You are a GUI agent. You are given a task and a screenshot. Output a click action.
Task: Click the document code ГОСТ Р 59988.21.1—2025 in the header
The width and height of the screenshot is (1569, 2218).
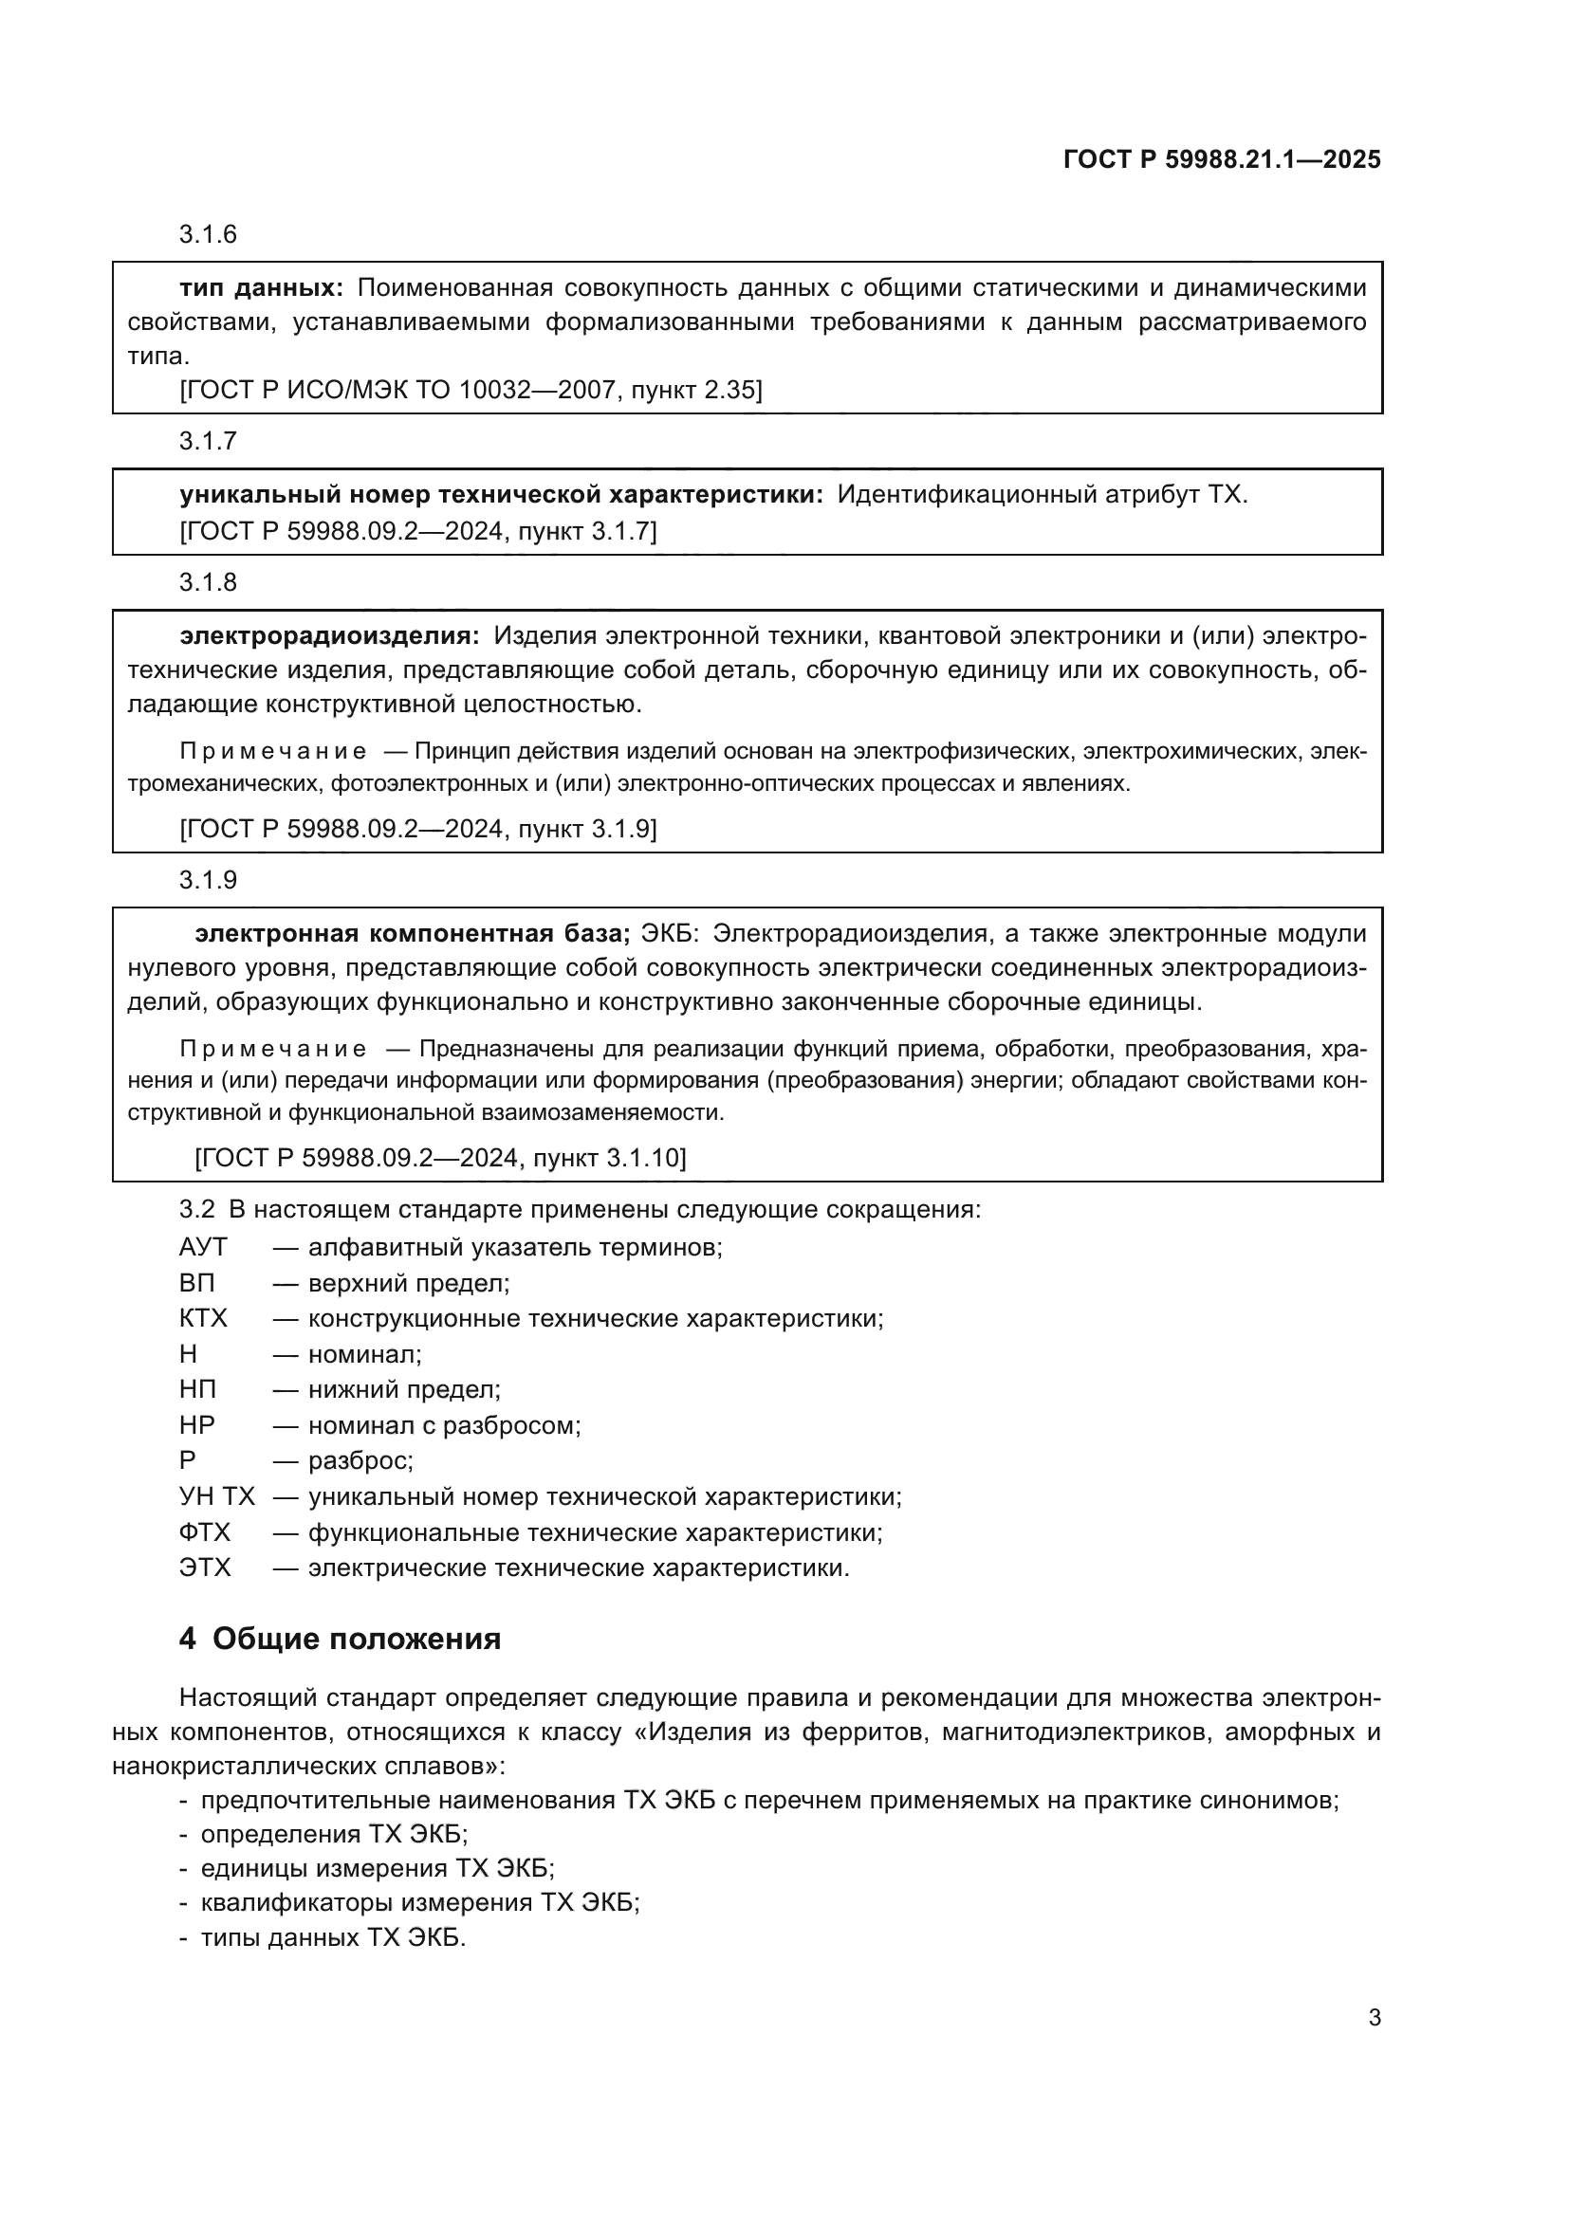pyautogui.click(x=1221, y=159)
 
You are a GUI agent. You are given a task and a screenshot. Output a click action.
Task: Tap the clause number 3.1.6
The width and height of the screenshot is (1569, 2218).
pyautogui.click(x=208, y=235)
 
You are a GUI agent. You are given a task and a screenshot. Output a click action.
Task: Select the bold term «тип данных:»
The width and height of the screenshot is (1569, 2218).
pyautogui.click(x=261, y=288)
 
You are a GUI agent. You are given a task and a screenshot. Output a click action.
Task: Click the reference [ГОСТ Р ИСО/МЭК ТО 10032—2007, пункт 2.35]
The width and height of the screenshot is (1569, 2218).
pyautogui.click(x=471, y=391)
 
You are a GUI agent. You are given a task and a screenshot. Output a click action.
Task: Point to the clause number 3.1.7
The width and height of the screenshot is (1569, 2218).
pyautogui.click(x=208, y=442)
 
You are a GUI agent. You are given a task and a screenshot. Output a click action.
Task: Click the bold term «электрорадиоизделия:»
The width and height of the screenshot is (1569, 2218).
pyautogui.click(x=328, y=635)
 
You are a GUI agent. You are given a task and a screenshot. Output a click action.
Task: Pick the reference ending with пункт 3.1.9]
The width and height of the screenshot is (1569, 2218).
pyautogui.click(x=417, y=829)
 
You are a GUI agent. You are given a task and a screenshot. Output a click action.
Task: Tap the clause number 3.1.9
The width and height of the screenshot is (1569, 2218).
pyautogui.click(x=208, y=880)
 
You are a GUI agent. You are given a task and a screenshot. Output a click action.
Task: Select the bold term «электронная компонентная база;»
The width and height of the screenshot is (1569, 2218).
pyautogui.click(x=413, y=933)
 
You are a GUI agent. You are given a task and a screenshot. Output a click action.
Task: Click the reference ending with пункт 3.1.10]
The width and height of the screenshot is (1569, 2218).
pyautogui.click(x=439, y=1158)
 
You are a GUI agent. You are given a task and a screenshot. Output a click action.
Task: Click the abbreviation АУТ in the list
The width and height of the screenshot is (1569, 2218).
pyautogui.click(x=203, y=1247)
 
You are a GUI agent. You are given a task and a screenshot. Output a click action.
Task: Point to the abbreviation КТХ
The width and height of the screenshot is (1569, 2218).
pyautogui.click(x=203, y=1319)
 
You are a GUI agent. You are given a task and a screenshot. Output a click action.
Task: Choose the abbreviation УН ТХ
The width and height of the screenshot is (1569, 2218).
pyautogui.click(x=216, y=1496)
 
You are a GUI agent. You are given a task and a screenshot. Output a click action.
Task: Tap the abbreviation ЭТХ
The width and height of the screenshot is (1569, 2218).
pyautogui.click(x=205, y=1567)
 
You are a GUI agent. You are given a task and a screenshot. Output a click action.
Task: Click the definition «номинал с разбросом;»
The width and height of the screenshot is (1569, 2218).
pyautogui.click(x=444, y=1425)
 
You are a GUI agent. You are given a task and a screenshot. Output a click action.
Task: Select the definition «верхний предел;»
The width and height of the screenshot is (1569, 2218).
pyautogui.click(x=409, y=1283)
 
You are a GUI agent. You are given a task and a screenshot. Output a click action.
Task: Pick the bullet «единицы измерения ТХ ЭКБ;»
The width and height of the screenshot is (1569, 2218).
pyautogui.click(x=377, y=1868)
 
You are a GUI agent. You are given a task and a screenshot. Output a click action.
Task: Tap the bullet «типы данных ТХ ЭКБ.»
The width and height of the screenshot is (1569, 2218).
pyautogui.click(x=332, y=1938)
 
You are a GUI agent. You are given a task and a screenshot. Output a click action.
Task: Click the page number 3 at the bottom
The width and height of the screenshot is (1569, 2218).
pyautogui.click(x=1374, y=2018)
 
